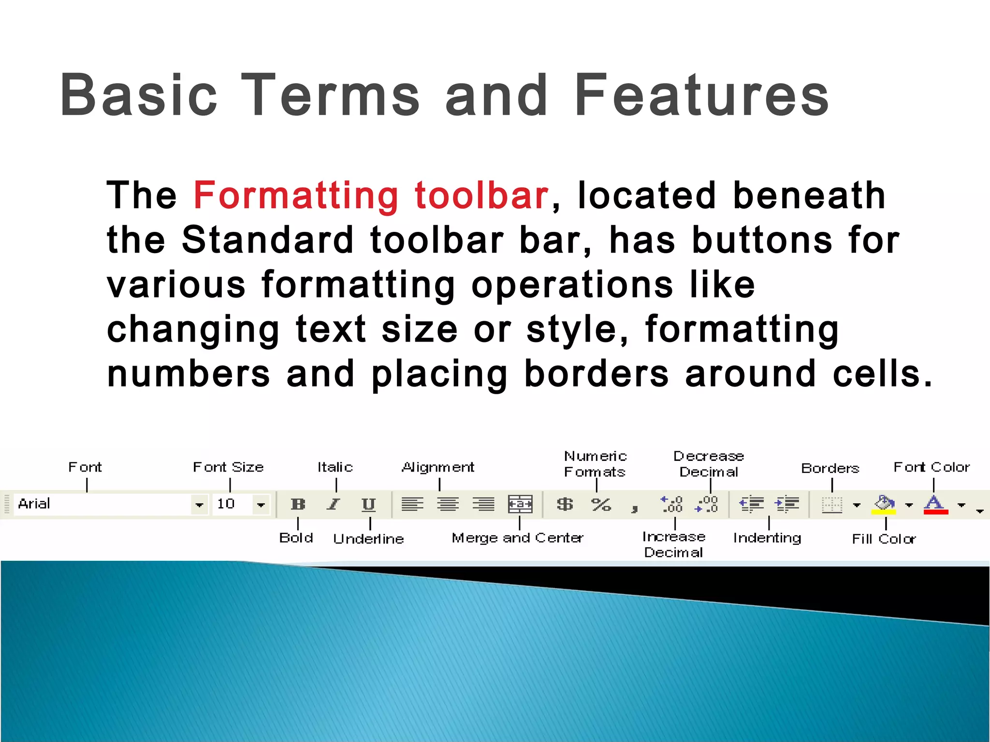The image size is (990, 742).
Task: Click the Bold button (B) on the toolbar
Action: [298, 504]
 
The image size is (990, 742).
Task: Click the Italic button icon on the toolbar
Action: [333, 504]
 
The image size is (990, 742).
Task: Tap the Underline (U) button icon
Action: [368, 504]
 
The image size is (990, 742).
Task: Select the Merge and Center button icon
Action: [520, 504]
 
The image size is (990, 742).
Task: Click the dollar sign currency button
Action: [565, 504]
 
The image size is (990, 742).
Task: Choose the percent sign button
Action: [601, 504]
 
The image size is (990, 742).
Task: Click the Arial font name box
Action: [102, 504]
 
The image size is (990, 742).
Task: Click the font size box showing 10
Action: [232, 504]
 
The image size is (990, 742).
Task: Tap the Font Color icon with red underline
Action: [935, 504]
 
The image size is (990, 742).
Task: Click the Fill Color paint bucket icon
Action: [884, 504]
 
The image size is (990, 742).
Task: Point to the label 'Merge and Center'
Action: [517, 538]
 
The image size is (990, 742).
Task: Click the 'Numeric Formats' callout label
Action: [595, 464]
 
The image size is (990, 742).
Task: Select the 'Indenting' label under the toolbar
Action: [767, 538]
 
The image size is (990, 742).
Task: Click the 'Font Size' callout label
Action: [228, 467]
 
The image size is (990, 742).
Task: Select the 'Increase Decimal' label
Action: [674, 544]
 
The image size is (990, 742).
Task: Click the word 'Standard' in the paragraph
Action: [267, 240]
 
